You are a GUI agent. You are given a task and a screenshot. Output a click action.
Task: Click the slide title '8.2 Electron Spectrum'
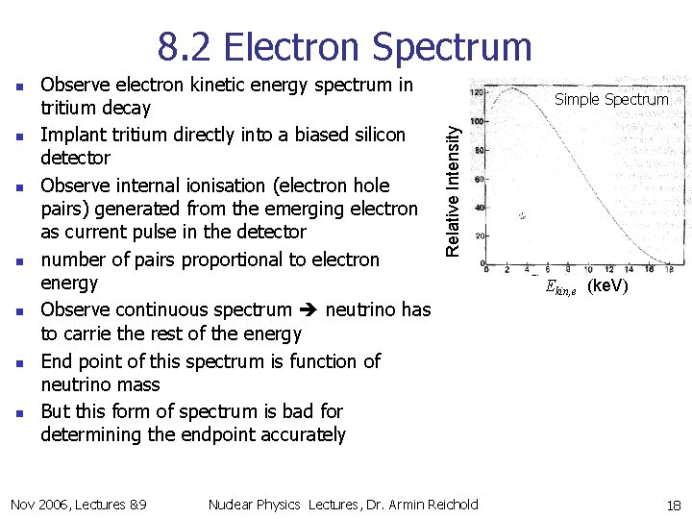344,46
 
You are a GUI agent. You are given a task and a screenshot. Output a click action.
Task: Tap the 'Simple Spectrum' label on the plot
611,99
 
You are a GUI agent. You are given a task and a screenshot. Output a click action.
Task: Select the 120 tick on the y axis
475,93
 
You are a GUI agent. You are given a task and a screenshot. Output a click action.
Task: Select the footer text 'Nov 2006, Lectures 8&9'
78,505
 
